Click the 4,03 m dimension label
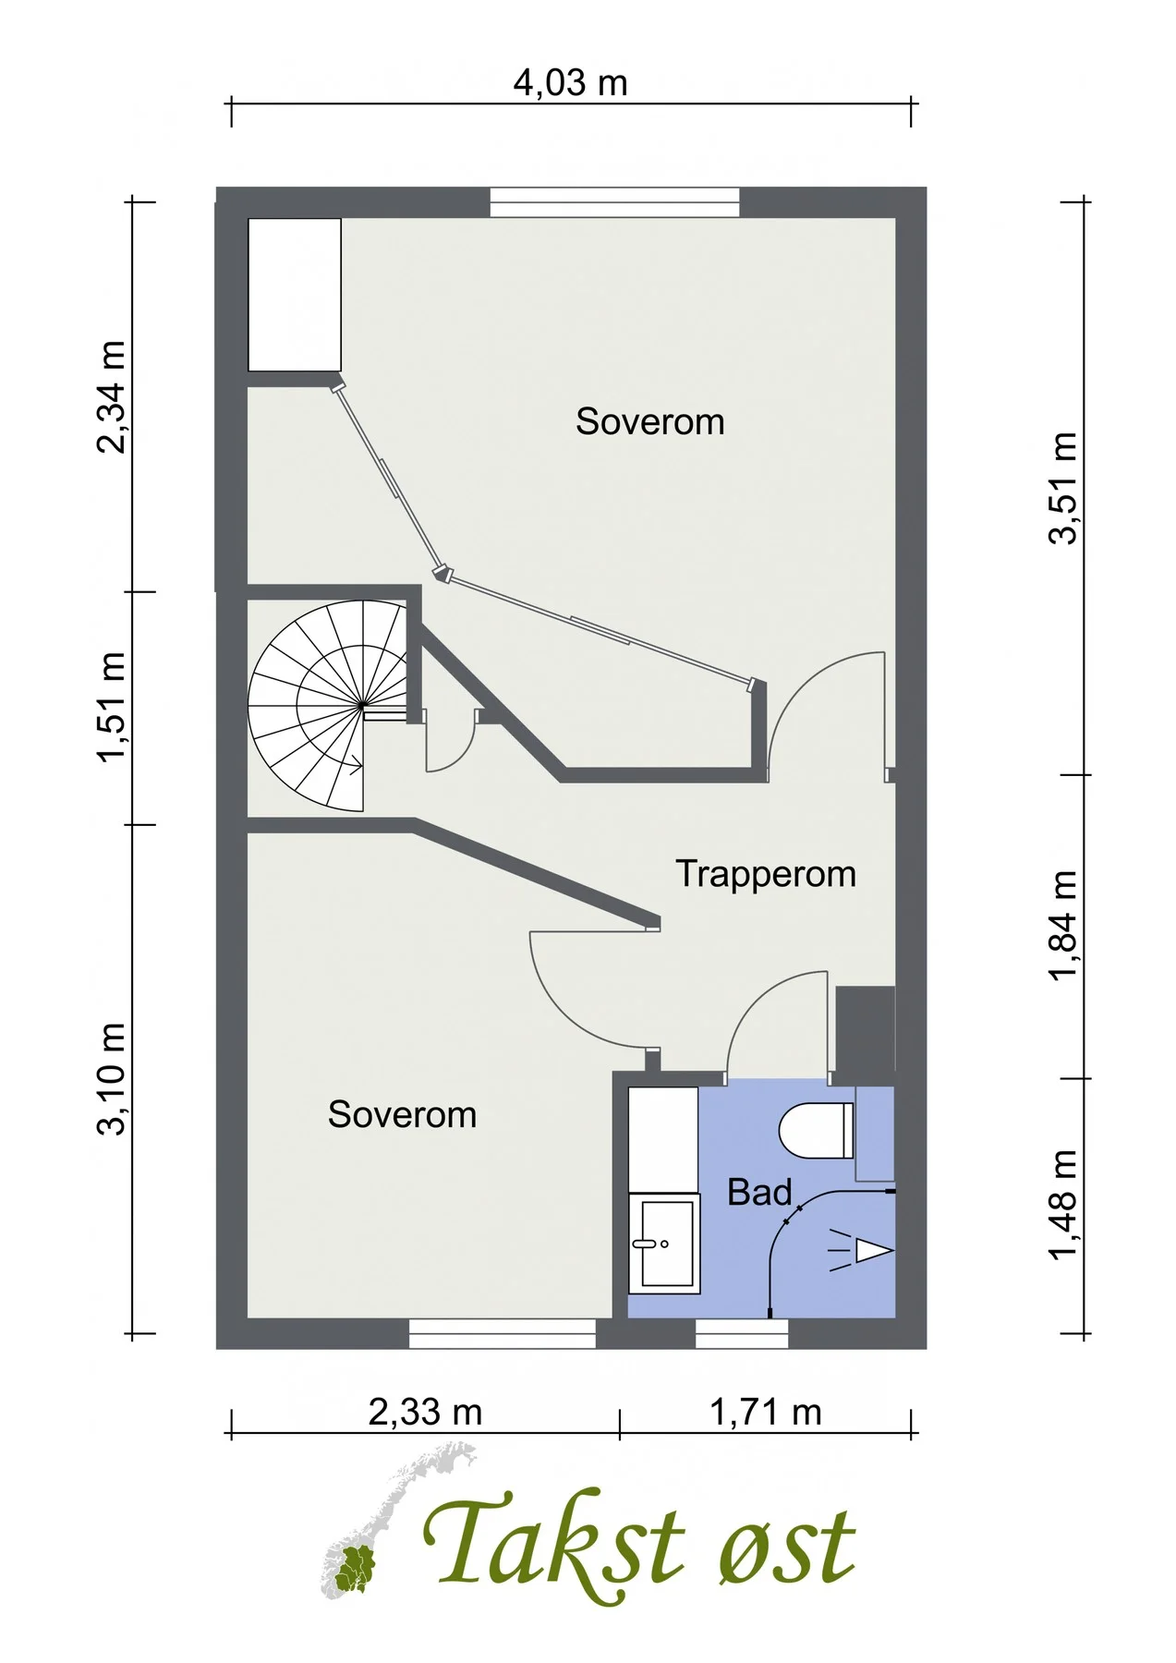[x=570, y=83]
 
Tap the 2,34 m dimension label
[x=111, y=397]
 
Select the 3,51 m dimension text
[x=1063, y=488]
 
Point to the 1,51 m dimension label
[x=111, y=708]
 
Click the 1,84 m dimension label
[x=1063, y=926]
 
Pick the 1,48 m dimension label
[x=1063, y=1204]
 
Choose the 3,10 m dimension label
[x=111, y=1078]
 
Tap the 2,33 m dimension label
[x=425, y=1412]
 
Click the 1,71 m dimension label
[x=765, y=1412]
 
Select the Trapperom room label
[x=766, y=874]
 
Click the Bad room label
[x=759, y=1192]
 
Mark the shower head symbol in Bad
[x=859, y=1250]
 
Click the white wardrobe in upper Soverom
[x=295, y=295]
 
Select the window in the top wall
[x=614, y=202]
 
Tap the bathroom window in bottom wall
[x=742, y=1333]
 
